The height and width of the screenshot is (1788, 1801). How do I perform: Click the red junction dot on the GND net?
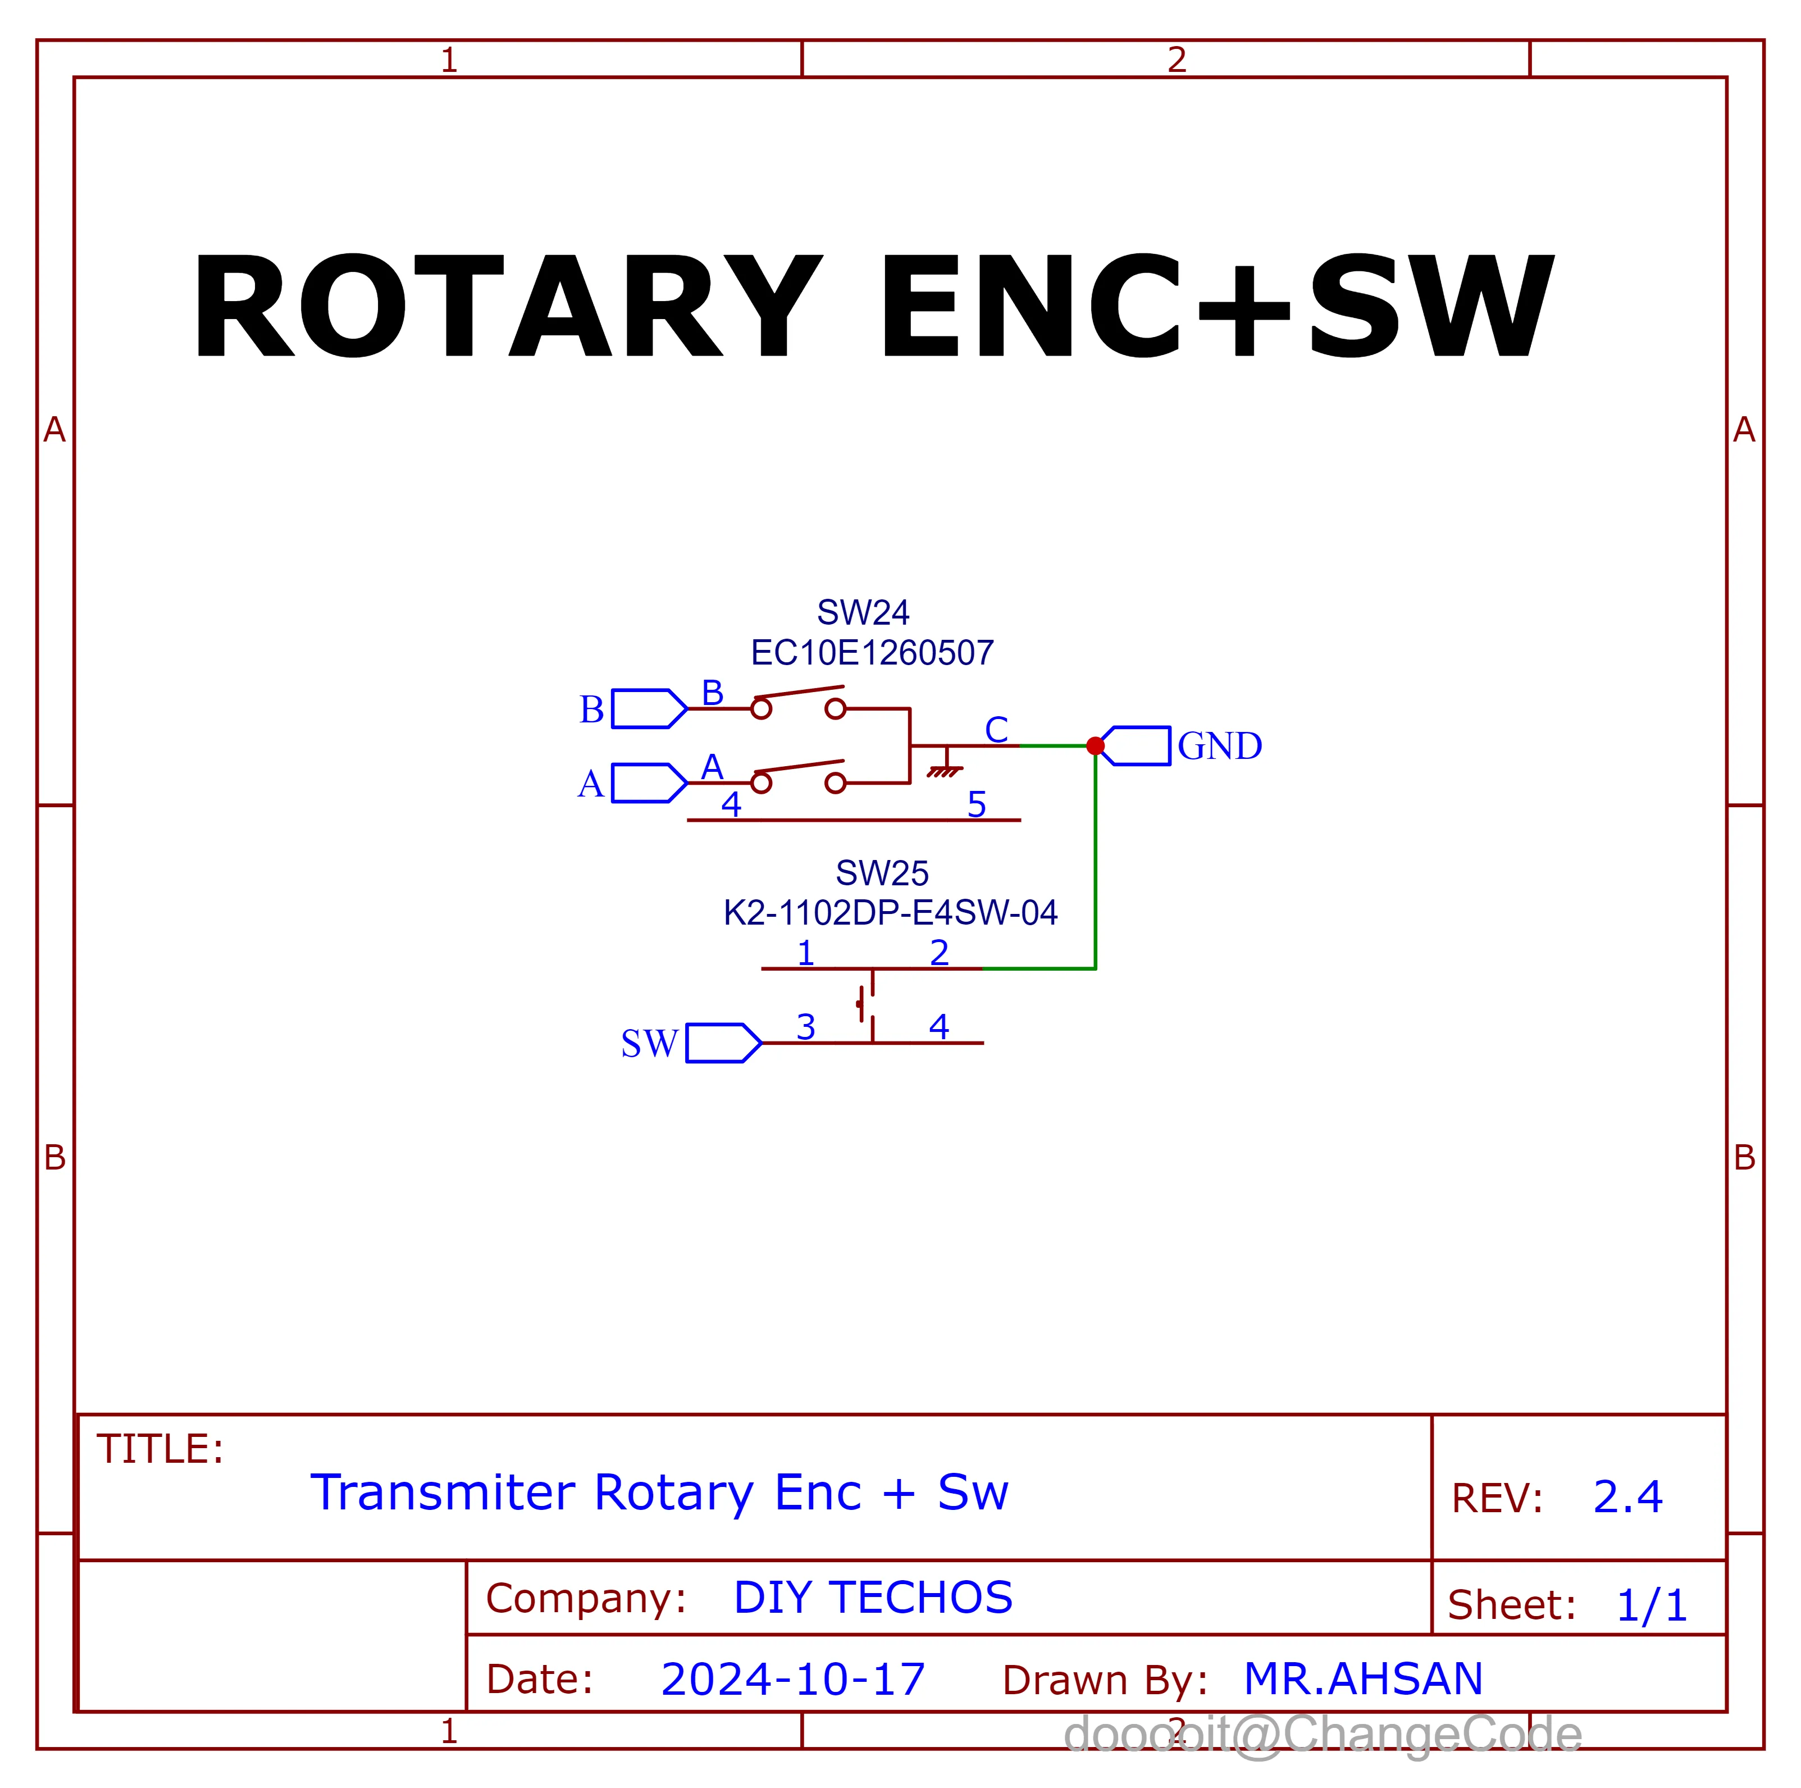coord(1095,746)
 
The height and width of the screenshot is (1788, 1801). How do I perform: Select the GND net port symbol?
coord(1137,746)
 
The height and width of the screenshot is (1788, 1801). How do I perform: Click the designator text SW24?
coord(863,612)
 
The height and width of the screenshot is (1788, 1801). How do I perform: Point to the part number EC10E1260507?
coord(873,653)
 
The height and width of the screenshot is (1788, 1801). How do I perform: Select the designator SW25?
coord(882,873)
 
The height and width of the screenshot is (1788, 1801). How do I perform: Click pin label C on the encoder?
coord(996,730)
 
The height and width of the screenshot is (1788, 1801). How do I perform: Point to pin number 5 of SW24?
coord(976,804)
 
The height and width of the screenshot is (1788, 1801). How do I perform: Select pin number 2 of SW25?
coord(939,953)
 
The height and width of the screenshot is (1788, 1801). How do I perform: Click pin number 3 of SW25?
coord(805,1027)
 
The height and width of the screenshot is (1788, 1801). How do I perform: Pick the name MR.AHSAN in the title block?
coord(1363,1680)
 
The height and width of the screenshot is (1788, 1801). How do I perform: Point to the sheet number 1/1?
coord(1652,1606)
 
